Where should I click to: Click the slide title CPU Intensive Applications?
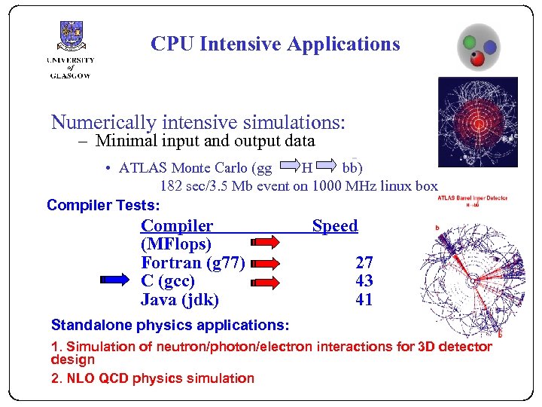pyautogui.click(x=275, y=44)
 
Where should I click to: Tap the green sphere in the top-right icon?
pyautogui.click(x=470, y=41)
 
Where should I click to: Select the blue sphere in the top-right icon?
pyautogui.click(x=489, y=47)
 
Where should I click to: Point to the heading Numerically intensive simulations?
pyautogui.click(x=198, y=121)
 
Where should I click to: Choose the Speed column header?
pyautogui.click(x=335, y=225)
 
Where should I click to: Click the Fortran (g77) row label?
pyautogui.click(x=193, y=262)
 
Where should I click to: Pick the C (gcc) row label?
pyautogui.click(x=168, y=281)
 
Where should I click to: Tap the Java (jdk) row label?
pyautogui.click(x=180, y=300)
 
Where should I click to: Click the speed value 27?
pyautogui.click(x=364, y=262)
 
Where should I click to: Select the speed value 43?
pyautogui.click(x=364, y=281)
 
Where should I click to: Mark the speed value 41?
pyautogui.click(x=364, y=300)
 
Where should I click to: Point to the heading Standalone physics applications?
pyautogui.click(x=169, y=326)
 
